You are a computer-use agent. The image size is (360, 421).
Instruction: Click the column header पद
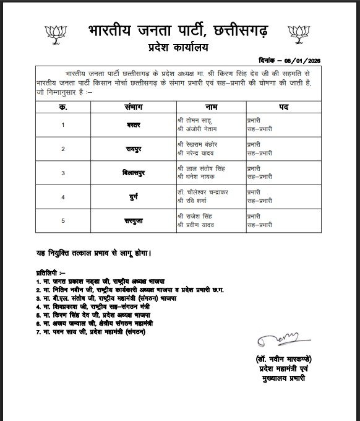283,106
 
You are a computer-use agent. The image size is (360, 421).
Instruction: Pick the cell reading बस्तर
134,125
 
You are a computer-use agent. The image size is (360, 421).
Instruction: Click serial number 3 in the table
63,173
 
